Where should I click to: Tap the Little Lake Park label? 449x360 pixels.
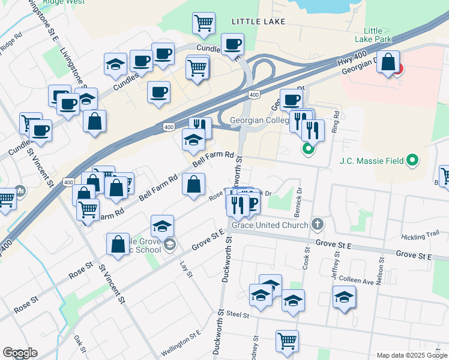pyautogui.click(x=377, y=35)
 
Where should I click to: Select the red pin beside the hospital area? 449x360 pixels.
pyautogui.click(x=397, y=68)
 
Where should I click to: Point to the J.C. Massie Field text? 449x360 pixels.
pyautogui.click(x=369, y=161)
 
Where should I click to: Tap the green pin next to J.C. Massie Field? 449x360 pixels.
pyautogui.click(x=411, y=160)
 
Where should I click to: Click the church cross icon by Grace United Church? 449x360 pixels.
pyautogui.click(x=318, y=225)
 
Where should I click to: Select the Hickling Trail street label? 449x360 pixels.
pyautogui.click(x=421, y=238)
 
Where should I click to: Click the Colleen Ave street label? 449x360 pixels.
pyautogui.click(x=357, y=280)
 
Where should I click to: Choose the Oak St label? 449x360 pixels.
pyautogui.click(x=80, y=345)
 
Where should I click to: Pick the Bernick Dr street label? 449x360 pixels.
pyautogui.click(x=299, y=199)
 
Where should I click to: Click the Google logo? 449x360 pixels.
pyautogui.click(x=20, y=353)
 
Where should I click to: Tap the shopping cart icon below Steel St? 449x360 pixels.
pyautogui.click(x=288, y=340)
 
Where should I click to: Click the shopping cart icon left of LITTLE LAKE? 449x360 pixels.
pyautogui.click(x=203, y=23)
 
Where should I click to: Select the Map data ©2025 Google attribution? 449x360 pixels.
pyautogui.click(x=412, y=355)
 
